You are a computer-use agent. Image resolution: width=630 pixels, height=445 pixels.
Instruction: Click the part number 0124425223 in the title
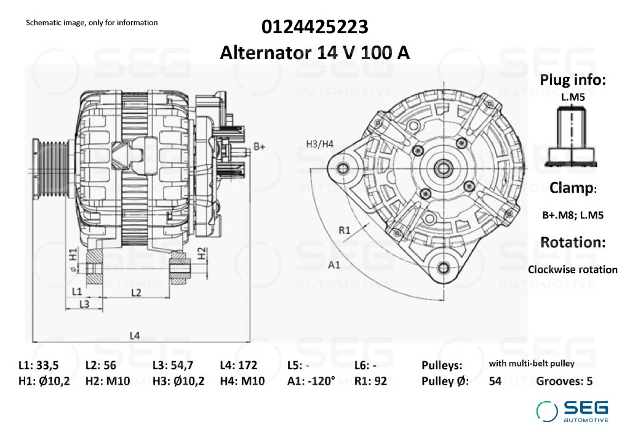pos(315,27)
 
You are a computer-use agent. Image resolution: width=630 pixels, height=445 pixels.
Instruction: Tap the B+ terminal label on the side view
pos(259,147)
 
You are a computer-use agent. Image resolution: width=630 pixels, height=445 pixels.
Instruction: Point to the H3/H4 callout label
pos(319,144)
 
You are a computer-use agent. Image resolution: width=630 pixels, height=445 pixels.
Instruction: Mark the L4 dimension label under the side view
pos(135,335)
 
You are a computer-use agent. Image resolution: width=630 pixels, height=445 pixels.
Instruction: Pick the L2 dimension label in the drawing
pos(136,292)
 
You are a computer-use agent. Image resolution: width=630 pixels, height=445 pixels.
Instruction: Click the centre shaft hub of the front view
pos(442,167)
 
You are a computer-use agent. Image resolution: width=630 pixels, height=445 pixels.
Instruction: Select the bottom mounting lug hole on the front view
pos(443,267)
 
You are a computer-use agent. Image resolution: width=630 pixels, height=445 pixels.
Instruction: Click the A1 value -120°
pos(322,381)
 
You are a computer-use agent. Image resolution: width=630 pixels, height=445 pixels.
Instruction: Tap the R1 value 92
pos(380,381)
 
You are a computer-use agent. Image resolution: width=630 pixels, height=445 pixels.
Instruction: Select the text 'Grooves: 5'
pos(564,381)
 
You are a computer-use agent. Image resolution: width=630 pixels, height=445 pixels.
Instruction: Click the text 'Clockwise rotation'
pos(572,270)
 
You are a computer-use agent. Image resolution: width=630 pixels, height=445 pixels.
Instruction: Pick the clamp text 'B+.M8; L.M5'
pos(572,215)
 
